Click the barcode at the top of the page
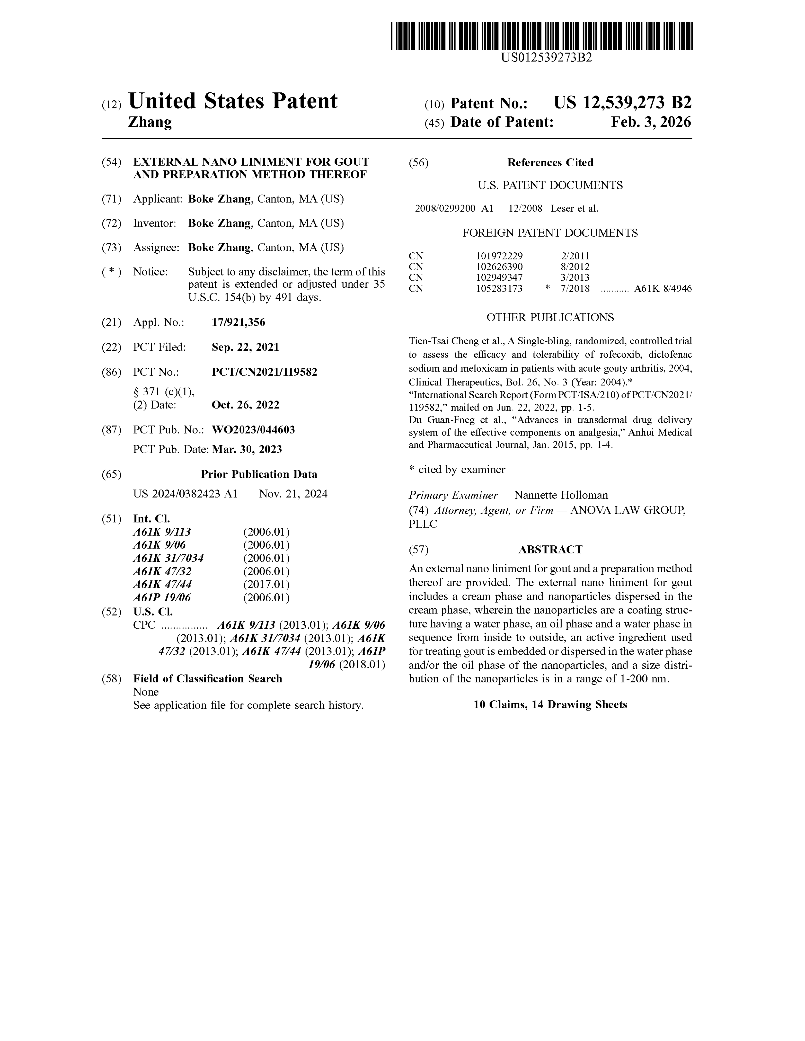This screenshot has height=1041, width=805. [541, 36]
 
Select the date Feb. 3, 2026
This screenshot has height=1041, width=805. [651, 122]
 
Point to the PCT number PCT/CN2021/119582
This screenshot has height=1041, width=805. [264, 372]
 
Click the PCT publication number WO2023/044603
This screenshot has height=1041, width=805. [253, 430]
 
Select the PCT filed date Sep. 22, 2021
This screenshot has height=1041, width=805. [245, 347]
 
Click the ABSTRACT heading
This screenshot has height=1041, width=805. [550, 550]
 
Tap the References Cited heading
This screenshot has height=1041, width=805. [550, 163]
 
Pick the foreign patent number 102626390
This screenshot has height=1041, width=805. [499, 267]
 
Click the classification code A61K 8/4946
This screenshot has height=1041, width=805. [662, 289]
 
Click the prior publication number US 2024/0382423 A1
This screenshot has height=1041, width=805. [185, 494]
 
